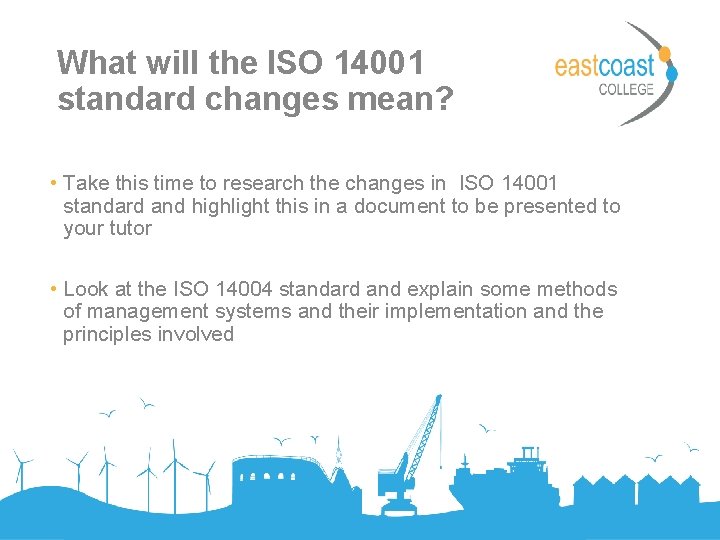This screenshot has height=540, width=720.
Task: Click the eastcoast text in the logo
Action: pyautogui.click(x=604, y=66)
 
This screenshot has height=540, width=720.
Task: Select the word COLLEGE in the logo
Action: pyautogui.click(x=625, y=90)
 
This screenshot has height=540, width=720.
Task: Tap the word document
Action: pyautogui.click(x=398, y=206)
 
